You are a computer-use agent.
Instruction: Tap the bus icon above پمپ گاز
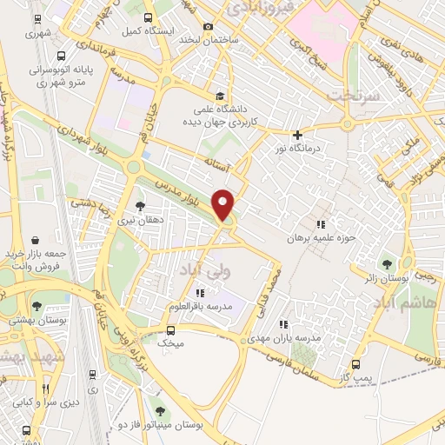click(355, 366)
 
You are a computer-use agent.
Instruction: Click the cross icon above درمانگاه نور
click(297, 135)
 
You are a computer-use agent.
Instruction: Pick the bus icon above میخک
click(170, 330)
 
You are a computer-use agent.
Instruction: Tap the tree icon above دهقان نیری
click(139, 206)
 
